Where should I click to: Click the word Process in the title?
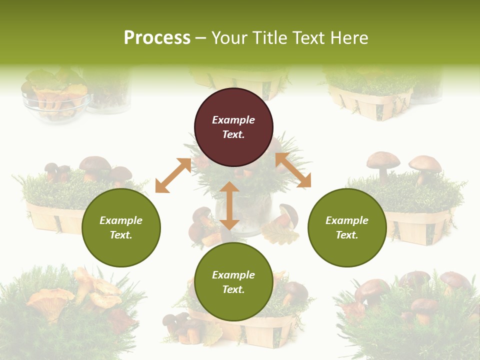[157, 38]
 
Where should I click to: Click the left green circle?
[121, 250]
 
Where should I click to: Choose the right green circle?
[347, 250]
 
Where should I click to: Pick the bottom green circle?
[233, 305]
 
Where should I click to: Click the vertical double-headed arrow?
[229, 205]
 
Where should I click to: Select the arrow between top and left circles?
[173, 175]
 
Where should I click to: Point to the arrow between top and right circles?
[293, 170]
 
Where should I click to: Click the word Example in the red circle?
[233, 120]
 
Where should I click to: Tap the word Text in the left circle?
[121, 235]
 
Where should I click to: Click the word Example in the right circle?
[347, 220]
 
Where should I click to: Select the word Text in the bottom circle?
[233, 289]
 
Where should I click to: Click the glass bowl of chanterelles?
[55, 100]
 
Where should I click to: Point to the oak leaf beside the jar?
[280, 232]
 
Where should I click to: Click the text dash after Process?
[201, 38]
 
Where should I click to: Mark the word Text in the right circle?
[347, 235]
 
